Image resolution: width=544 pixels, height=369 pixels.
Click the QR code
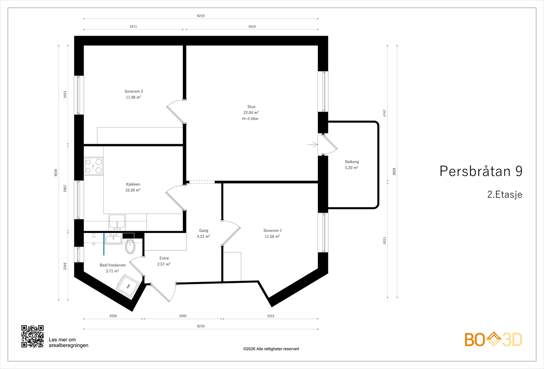pos(33,336)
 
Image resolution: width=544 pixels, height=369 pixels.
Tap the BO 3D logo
pos(493,339)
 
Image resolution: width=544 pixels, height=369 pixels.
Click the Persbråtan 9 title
pos(481,171)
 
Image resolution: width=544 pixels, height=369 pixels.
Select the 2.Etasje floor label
pos(505,194)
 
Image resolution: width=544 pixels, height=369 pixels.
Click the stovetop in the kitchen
pos(94,166)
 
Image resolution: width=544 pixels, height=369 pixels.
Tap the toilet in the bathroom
pos(131,247)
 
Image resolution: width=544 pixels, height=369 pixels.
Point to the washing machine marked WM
pos(128,286)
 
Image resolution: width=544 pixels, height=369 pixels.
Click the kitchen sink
pos(117,222)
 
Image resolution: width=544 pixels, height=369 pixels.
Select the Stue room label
pos(251,107)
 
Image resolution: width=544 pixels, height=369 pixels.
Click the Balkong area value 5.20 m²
pos(352,168)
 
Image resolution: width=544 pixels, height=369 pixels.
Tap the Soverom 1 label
pos(272,231)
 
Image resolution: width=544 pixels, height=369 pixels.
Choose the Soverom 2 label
pos(134,91)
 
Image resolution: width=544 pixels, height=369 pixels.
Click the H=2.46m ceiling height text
pos(250,119)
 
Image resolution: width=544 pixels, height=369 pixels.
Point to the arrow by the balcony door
pos(312,145)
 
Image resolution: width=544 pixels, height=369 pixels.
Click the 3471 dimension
pos(133,27)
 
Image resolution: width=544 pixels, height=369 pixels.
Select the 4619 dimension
pos(252,27)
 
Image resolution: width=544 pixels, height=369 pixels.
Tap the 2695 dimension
pos(183,316)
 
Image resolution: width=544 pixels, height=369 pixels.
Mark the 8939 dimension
pos(56,173)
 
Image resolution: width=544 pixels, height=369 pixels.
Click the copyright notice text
pos(271,349)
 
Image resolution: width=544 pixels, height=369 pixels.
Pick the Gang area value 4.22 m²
pos(204,236)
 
